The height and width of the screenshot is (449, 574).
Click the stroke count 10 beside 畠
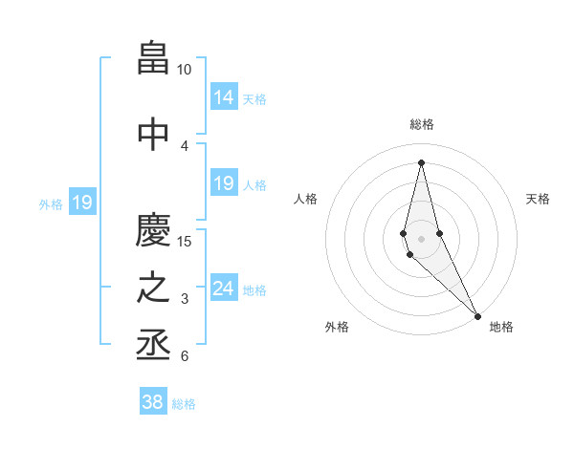click(185, 70)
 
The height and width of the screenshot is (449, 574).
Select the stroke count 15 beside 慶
click(185, 241)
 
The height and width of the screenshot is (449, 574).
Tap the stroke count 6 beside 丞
click(184, 357)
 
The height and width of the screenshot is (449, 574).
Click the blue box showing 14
click(223, 97)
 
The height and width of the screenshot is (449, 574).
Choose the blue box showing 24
click(223, 289)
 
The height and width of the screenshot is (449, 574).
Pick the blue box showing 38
click(152, 402)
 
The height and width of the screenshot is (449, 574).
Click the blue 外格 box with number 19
click(81, 203)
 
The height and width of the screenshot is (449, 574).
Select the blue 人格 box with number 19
click(223, 183)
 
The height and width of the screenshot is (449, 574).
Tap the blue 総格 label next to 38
click(184, 404)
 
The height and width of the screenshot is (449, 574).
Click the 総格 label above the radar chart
click(422, 124)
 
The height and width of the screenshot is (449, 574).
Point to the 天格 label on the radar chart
click(539, 199)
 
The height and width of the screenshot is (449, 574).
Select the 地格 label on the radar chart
click(501, 327)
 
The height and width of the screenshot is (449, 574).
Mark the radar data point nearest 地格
click(477, 315)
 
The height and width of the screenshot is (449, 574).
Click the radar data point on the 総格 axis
click(422, 161)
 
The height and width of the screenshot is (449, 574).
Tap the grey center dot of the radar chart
click(422, 238)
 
